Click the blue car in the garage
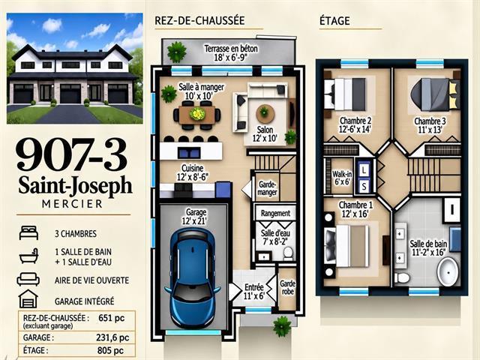coord(192,279)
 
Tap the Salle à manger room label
coord(201,87)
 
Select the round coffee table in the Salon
coord(265,113)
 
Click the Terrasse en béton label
coord(231,49)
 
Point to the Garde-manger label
coord(267,188)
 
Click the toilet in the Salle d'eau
coord(288,253)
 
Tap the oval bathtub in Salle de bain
coord(448,271)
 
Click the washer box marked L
coord(364,170)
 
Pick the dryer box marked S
coord(364,186)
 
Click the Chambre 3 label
coord(430,121)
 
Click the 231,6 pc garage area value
coord(112,337)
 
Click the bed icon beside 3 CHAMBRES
coord(28,233)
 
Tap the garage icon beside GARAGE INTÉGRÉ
coord(28,298)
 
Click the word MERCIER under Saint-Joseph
coord(72,204)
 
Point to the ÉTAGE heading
coord(334,21)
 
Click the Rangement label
coord(275,213)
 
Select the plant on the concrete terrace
coord(177,52)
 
